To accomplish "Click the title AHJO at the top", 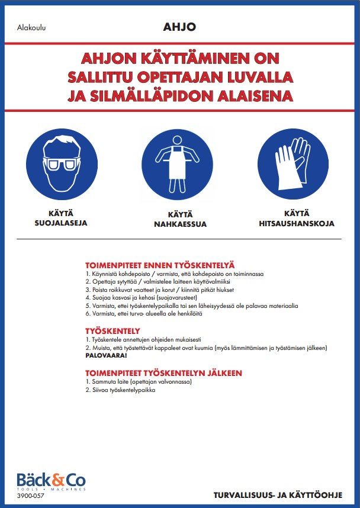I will point(179,27).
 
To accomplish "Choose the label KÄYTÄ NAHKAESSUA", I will point(178,221).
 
